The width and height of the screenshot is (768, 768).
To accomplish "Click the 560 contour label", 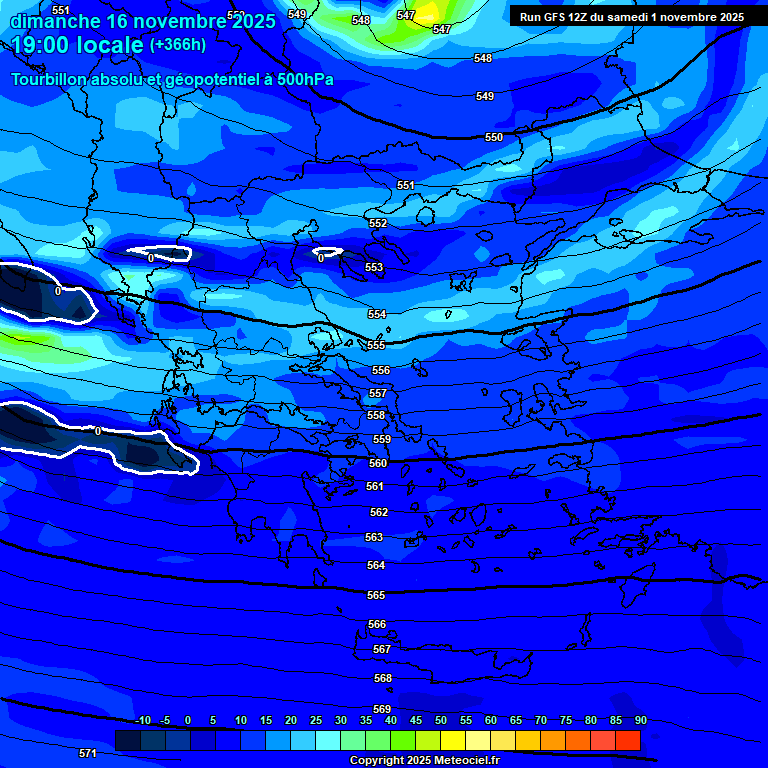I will [378, 463].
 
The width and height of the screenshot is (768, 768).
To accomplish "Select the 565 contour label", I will [376, 595].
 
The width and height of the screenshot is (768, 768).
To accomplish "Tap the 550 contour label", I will [494, 137].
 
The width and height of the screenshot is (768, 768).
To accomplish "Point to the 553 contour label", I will [374, 267].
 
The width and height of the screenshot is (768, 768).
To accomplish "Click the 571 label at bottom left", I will [88, 753].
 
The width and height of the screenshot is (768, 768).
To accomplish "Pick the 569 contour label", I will [382, 709].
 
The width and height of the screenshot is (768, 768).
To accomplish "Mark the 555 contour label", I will [376, 345].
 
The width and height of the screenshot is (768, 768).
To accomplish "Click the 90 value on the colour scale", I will [640, 721].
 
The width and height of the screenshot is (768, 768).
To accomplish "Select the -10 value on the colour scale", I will [143, 721].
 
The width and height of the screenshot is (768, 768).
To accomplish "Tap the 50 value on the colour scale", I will [441, 721].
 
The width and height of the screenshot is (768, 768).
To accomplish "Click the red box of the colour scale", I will [628, 740].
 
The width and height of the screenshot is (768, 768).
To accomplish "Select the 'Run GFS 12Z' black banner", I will [631, 17].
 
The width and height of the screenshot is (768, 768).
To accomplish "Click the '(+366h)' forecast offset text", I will [177, 44].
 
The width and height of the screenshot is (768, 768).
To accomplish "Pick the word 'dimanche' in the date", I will [55, 20].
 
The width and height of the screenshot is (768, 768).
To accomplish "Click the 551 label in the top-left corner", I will [61, 10].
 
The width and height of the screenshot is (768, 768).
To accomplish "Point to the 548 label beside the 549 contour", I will [483, 59].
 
